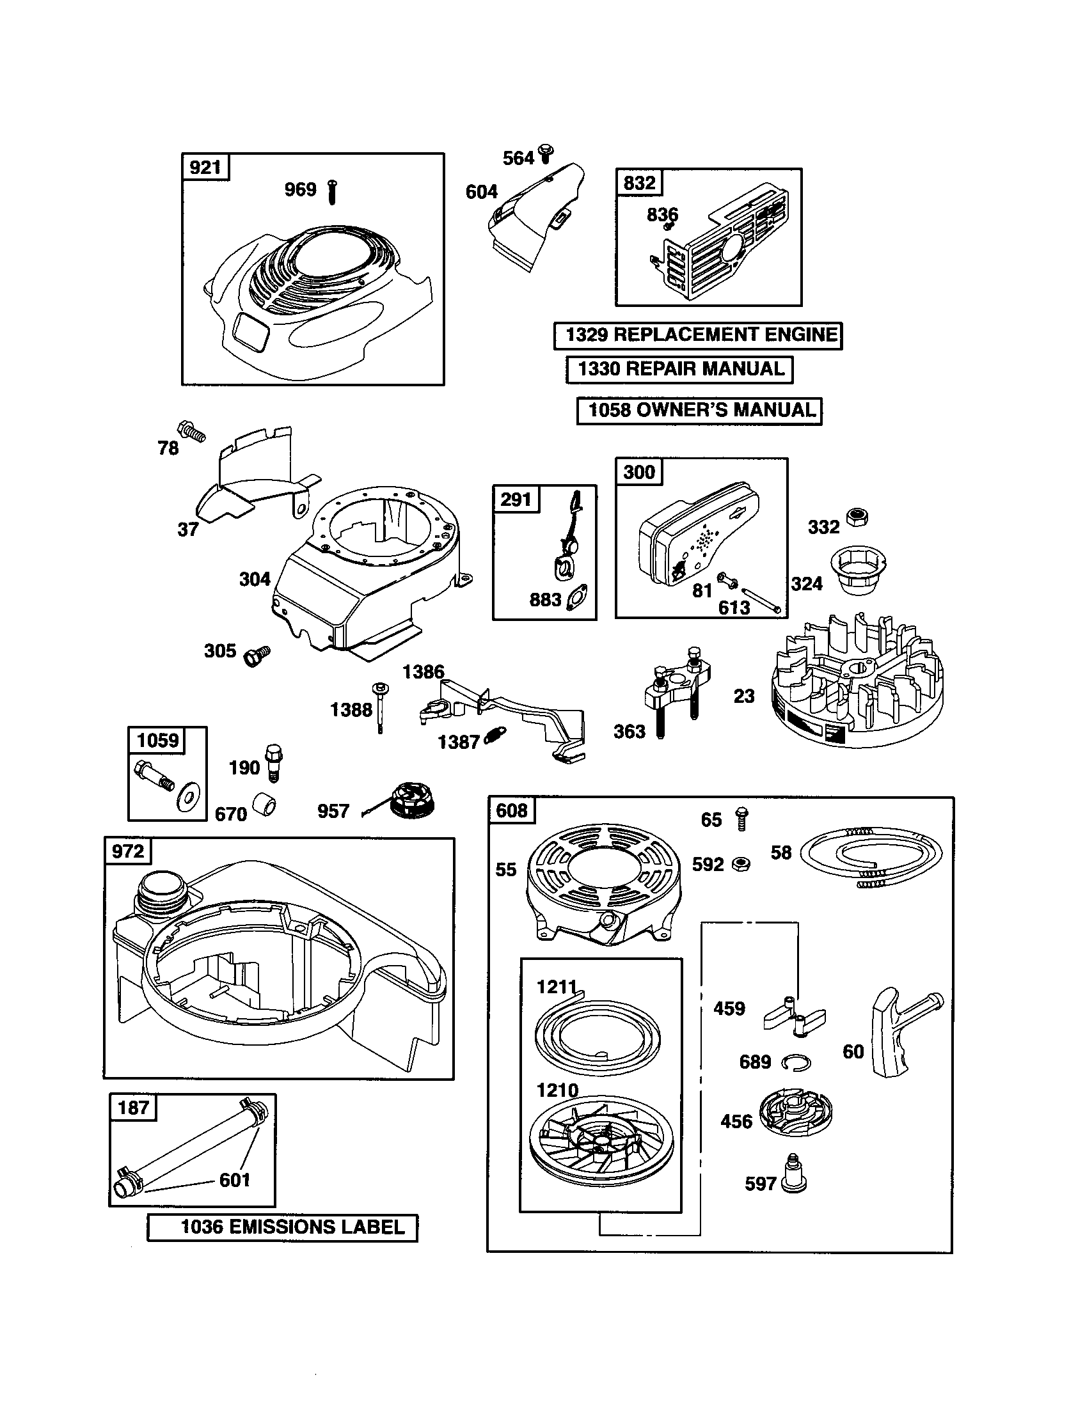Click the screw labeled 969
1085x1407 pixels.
tap(333, 192)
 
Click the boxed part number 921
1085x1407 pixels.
tap(205, 168)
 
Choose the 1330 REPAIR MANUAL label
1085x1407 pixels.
tap(680, 369)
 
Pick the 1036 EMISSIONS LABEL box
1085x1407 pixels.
tap(282, 1227)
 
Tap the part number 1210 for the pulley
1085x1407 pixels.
tap(557, 1090)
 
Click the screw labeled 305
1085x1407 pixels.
tap(257, 656)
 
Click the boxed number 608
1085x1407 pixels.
tap(512, 810)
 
